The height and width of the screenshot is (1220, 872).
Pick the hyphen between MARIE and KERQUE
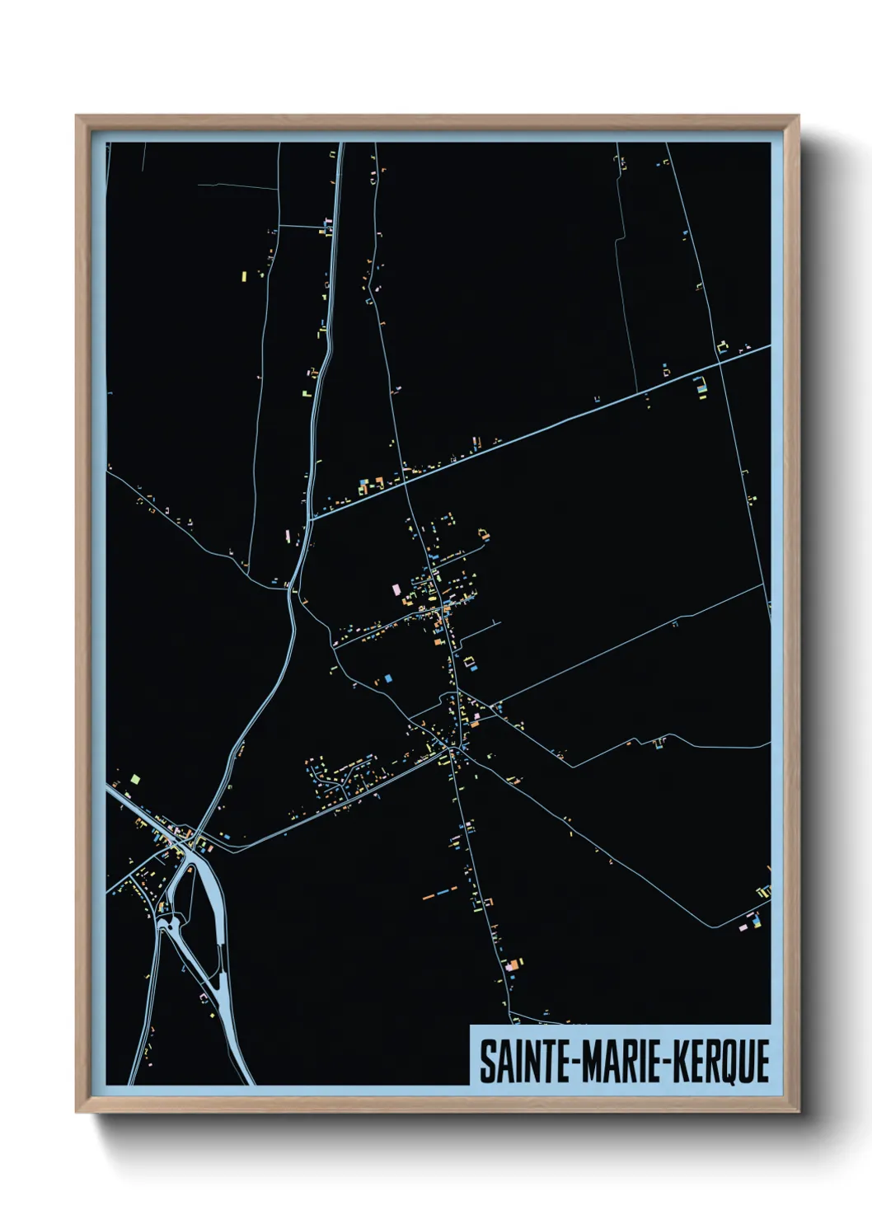tap(671, 1062)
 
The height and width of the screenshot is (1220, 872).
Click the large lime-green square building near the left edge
tap(136, 778)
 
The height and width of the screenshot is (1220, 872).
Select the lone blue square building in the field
tap(387, 678)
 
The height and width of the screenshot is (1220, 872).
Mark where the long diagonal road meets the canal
tap(311, 518)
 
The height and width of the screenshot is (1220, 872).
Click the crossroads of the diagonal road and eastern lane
tap(720, 361)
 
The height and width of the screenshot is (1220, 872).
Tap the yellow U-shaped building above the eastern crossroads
tap(724, 346)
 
